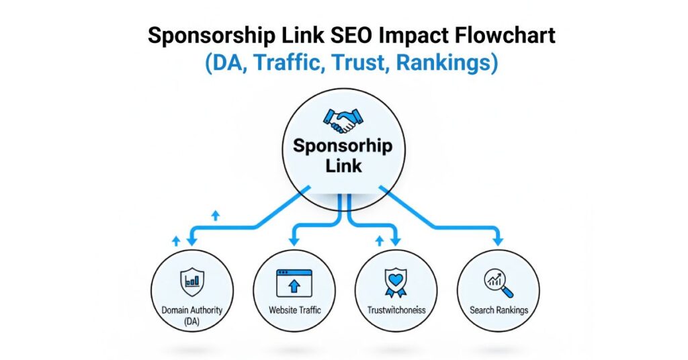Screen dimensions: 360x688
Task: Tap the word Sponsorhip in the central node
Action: coord(343,146)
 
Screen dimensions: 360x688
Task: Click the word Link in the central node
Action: coord(343,165)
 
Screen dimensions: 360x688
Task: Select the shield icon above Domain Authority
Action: coord(191,281)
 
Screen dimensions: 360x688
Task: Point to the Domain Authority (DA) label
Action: coord(191,315)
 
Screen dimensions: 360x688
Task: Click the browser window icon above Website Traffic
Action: coord(294,283)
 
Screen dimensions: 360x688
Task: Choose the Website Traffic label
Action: coord(294,310)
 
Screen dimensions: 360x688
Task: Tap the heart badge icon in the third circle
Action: coord(396,283)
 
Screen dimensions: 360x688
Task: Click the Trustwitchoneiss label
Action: coord(396,310)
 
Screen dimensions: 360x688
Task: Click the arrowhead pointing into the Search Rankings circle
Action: coord(498,240)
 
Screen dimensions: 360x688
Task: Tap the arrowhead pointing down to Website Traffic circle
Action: coord(294,240)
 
